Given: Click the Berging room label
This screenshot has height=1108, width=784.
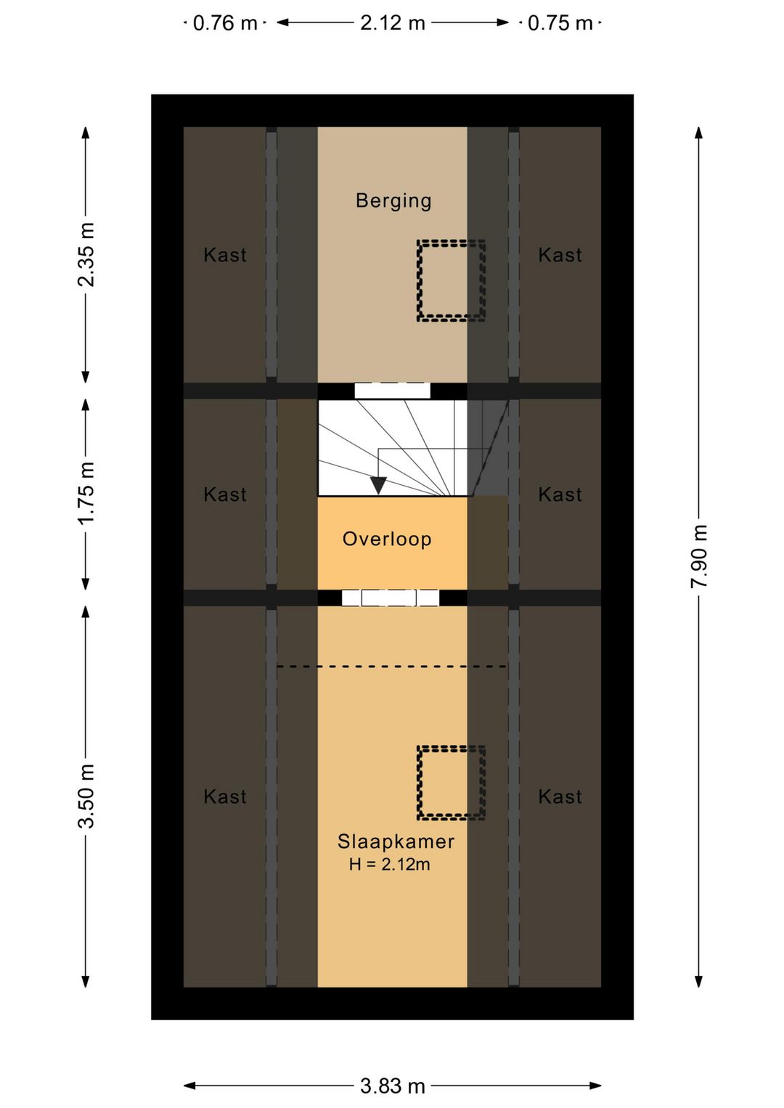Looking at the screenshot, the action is pyautogui.click(x=393, y=201).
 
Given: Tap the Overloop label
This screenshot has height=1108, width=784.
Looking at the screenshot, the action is pyautogui.click(x=387, y=539).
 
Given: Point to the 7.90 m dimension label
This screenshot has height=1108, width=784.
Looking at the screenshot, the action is pyautogui.click(x=699, y=556).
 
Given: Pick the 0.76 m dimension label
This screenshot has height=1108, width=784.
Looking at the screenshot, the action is pyautogui.click(x=225, y=23).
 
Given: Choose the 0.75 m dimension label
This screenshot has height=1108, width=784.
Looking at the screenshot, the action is pyautogui.click(x=560, y=23).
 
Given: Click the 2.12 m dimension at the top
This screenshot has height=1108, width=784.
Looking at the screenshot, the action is pyautogui.click(x=392, y=23).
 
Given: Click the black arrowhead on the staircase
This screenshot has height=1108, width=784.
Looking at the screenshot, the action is pyautogui.click(x=378, y=485).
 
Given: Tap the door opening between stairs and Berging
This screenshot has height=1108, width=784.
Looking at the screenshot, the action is pyautogui.click(x=392, y=391).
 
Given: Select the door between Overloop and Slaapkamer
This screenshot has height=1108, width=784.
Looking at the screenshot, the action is pyautogui.click(x=391, y=598).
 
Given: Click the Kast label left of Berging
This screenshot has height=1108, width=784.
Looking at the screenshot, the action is pyautogui.click(x=225, y=256).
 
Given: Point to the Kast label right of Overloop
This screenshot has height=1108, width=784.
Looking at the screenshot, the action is pyautogui.click(x=560, y=494).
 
